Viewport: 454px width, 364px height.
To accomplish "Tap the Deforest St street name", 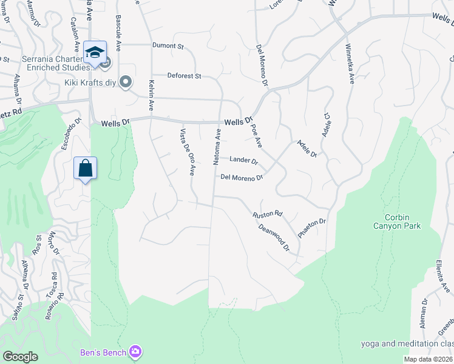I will click(185, 76).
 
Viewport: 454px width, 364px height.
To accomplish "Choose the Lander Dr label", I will click(243, 161).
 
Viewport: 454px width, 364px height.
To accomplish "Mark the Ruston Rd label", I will click(268, 214).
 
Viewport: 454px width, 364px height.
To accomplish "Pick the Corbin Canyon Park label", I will click(402, 221).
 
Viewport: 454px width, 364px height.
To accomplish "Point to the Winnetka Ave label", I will click(348, 64).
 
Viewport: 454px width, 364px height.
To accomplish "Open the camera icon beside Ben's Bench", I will click(135, 351).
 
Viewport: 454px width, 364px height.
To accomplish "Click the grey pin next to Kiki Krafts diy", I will click(126, 81).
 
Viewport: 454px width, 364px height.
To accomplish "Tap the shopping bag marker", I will click(85, 168).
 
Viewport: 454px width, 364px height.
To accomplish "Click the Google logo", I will click(20, 357).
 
